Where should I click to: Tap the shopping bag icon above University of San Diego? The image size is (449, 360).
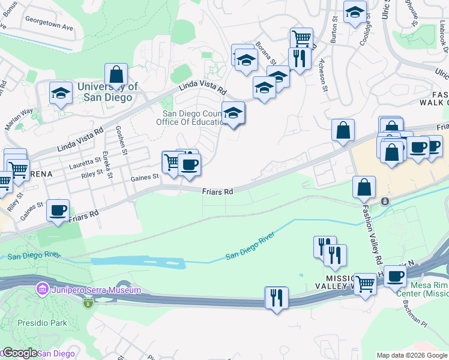click(x=116, y=75)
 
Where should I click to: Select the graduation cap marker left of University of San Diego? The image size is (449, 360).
click(x=60, y=93)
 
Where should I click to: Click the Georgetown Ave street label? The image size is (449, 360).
click(x=49, y=27)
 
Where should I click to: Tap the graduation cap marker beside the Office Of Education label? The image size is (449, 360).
click(x=234, y=113)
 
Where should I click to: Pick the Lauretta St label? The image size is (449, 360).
click(x=84, y=160)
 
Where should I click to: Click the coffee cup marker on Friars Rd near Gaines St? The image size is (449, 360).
click(x=58, y=211)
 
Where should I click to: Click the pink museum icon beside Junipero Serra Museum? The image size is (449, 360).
click(x=42, y=290)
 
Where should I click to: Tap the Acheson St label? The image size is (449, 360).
click(x=325, y=75)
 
